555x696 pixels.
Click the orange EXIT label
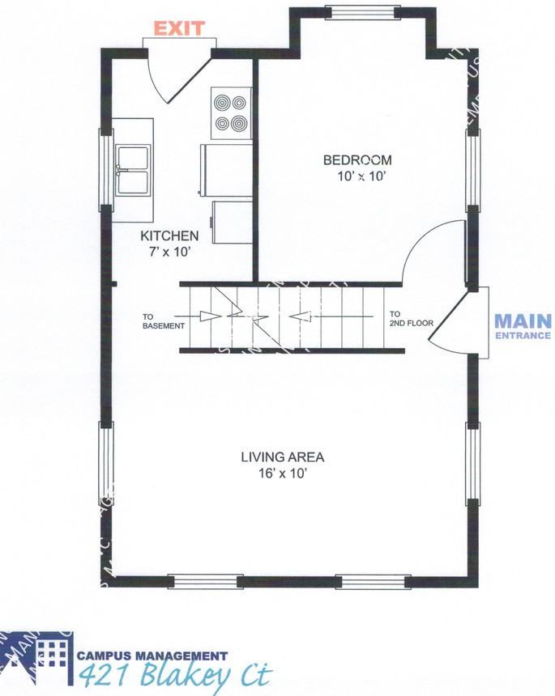tap(179, 30)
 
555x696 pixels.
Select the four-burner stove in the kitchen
tap(230, 113)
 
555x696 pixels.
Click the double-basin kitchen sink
tap(132, 171)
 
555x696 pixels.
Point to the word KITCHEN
tap(169, 236)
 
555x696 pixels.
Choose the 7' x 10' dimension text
tap(169, 252)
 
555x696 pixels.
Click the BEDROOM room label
tap(357, 160)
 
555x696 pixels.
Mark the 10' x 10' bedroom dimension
tap(357, 176)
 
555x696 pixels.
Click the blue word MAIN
tap(523, 320)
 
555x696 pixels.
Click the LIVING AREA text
tap(282, 457)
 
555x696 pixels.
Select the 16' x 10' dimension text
tap(282, 473)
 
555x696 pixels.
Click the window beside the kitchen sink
tap(105, 171)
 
